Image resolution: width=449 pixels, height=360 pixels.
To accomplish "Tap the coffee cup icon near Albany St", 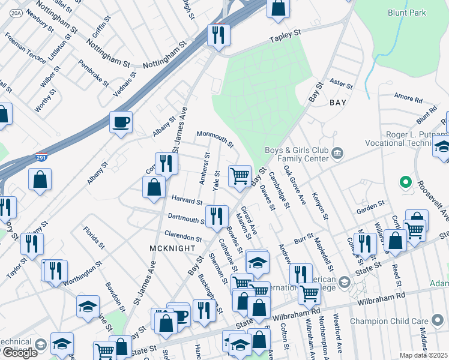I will (x=121, y=122).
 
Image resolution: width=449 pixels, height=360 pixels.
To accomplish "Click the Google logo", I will (x=20, y=352).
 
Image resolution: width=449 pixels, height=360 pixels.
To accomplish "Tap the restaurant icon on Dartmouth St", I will (x=216, y=215).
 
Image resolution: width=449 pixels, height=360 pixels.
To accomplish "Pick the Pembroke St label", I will (x=93, y=73).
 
